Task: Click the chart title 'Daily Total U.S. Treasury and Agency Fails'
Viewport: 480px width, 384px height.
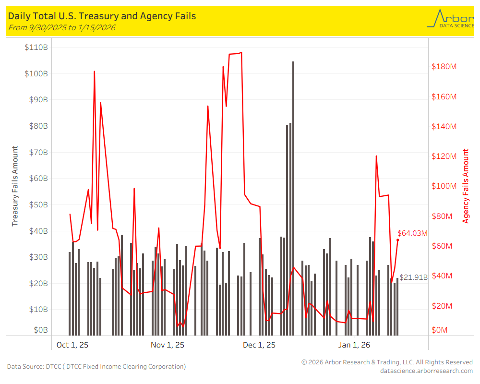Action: [x=102, y=16]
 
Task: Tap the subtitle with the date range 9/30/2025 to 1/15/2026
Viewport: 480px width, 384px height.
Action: [x=61, y=27]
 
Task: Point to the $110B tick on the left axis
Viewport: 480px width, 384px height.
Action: [x=36, y=48]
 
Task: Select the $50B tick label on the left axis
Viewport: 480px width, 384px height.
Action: [x=36, y=204]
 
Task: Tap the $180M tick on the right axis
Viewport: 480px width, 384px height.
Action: [x=444, y=66]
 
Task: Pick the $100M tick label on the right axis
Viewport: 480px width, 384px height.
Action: [x=444, y=186]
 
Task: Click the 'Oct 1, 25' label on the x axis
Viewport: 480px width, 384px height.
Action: [x=73, y=345]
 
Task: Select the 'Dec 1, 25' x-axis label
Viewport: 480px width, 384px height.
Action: [x=259, y=345]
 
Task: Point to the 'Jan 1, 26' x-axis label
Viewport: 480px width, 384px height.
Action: [x=354, y=345]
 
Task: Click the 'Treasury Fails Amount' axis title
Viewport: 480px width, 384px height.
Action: [x=15, y=186]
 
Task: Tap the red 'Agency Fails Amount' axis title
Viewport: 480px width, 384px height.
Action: [x=466, y=186]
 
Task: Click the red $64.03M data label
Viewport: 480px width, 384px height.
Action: [x=412, y=233]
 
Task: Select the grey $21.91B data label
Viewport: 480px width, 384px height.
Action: [x=413, y=277]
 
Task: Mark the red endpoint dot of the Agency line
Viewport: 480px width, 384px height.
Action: [x=397, y=240]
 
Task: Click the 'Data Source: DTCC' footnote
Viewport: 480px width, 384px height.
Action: [x=96, y=367]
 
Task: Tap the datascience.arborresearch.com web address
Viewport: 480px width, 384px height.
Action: [x=426, y=371]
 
